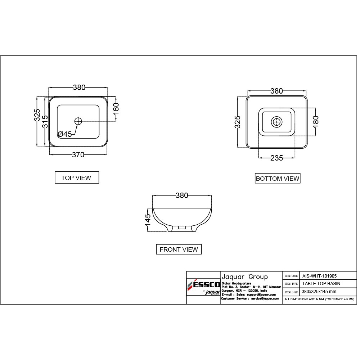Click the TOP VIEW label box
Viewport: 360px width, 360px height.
76,177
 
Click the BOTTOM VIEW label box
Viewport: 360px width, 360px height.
277,178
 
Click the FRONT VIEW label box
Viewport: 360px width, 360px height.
179,249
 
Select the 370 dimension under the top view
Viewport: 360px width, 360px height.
78,155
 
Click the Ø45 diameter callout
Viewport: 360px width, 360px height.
65,134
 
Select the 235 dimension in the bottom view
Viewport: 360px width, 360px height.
276,158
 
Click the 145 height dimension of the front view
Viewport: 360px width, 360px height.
148,220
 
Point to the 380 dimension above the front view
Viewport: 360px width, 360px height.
182,195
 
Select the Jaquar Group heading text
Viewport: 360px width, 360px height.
244,277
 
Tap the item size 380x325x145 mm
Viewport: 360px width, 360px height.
319,291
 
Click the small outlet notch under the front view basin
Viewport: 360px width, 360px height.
182,228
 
